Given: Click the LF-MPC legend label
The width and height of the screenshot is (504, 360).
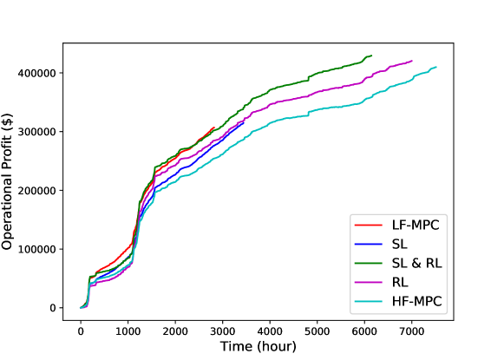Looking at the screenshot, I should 416,225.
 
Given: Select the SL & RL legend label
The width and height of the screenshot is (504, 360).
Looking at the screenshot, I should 416,263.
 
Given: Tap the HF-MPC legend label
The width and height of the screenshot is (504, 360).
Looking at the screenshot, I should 416,301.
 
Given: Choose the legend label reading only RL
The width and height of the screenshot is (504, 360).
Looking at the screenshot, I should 400,282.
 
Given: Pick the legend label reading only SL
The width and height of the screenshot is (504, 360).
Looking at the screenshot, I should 400,244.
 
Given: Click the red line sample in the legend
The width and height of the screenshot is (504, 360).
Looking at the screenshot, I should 369,225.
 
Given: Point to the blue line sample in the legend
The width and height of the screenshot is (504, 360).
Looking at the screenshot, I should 369,244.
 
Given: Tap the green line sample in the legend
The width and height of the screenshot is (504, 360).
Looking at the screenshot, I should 369,263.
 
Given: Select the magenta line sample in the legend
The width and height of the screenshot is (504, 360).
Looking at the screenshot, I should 369,282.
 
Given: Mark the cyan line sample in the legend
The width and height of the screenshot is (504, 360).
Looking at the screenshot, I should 369,301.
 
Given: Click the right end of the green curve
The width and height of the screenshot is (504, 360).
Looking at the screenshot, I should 371,56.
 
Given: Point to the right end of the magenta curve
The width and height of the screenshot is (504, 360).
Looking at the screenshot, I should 411,62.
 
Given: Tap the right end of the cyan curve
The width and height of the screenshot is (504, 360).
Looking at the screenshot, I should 436,67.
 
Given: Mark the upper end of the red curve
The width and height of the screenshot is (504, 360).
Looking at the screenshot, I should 213,127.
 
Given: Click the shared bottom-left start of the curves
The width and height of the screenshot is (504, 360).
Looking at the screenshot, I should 81,307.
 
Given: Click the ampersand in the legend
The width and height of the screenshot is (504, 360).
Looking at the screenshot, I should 416,263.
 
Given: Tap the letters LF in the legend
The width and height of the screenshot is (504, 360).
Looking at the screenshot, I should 399,225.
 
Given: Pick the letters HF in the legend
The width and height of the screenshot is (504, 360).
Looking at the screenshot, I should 400,301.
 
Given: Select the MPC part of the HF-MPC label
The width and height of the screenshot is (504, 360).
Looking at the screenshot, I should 426,301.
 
